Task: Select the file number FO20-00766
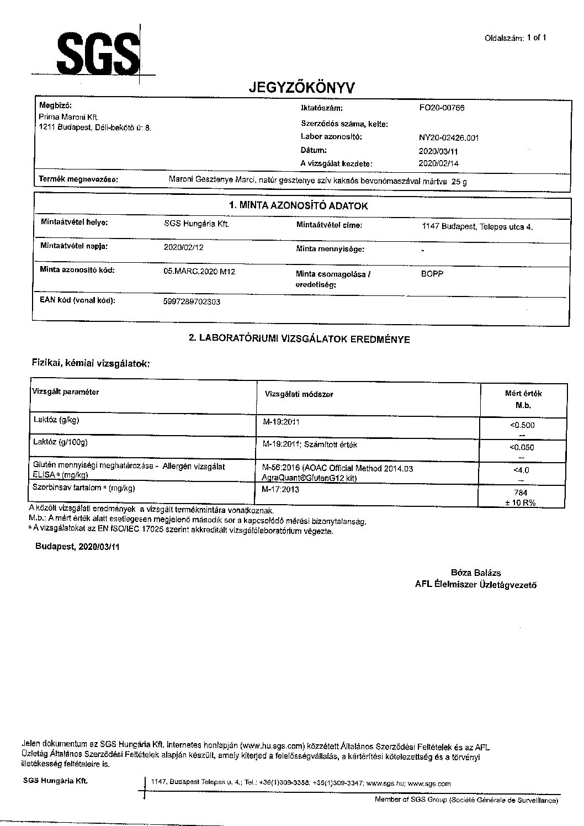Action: coord(442,108)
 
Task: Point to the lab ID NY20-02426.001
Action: coord(449,137)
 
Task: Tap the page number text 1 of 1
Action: coord(537,38)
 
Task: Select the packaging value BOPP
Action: coord(432,274)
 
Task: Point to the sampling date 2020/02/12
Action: coord(183,247)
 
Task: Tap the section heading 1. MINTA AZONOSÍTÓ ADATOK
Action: coord(298,205)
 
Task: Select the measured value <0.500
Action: coord(523,425)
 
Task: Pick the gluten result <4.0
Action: coord(521,470)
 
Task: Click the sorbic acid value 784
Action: coord(521,493)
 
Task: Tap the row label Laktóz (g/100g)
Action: coord(61,442)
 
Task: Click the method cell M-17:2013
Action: coord(281,489)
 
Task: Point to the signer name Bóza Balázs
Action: coord(476,573)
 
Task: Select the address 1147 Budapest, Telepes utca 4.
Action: coord(477,226)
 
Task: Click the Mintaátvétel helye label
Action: coord(75,223)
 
